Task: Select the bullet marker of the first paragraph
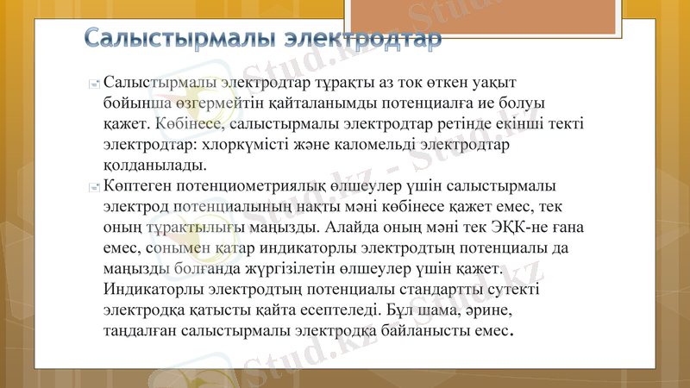point(94,84)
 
